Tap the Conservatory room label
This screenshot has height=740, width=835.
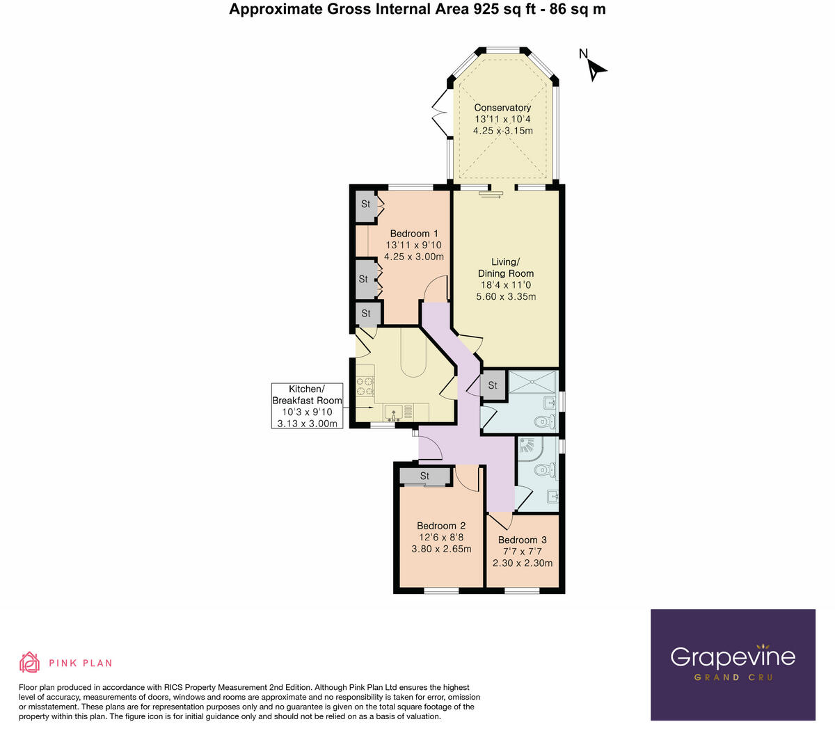pyautogui.click(x=502, y=108)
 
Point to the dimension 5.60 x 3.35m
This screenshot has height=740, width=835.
pyautogui.click(x=506, y=297)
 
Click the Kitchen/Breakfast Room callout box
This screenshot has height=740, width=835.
pyautogui.click(x=307, y=405)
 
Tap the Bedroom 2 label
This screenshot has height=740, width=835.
pyautogui.click(x=441, y=526)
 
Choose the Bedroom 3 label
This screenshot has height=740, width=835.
pyautogui.click(x=523, y=540)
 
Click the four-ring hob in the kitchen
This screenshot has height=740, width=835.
pyautogui.click(x=365, y=385)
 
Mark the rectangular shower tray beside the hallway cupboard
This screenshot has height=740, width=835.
pyautogui.click(x=533, y=383)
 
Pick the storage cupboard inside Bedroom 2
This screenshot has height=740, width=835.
pyautogui.click(x=424, y=476)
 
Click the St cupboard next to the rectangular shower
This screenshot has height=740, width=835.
pyautogui.click(x=493, y=385)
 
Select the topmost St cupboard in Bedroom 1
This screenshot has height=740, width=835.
pyautogui.click(x=365, y=204)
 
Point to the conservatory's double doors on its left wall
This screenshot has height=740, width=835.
pyautogui.click(x=440, y=113)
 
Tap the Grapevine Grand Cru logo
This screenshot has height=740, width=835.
pyautogui.click(x=733, y=664)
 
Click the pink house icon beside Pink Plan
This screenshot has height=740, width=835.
pyautogui.click(x=29, y=662)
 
